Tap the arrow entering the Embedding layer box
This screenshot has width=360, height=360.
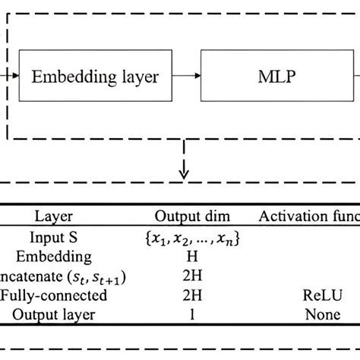8,76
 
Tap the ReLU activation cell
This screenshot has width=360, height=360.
319,295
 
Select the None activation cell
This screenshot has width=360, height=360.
319,313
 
